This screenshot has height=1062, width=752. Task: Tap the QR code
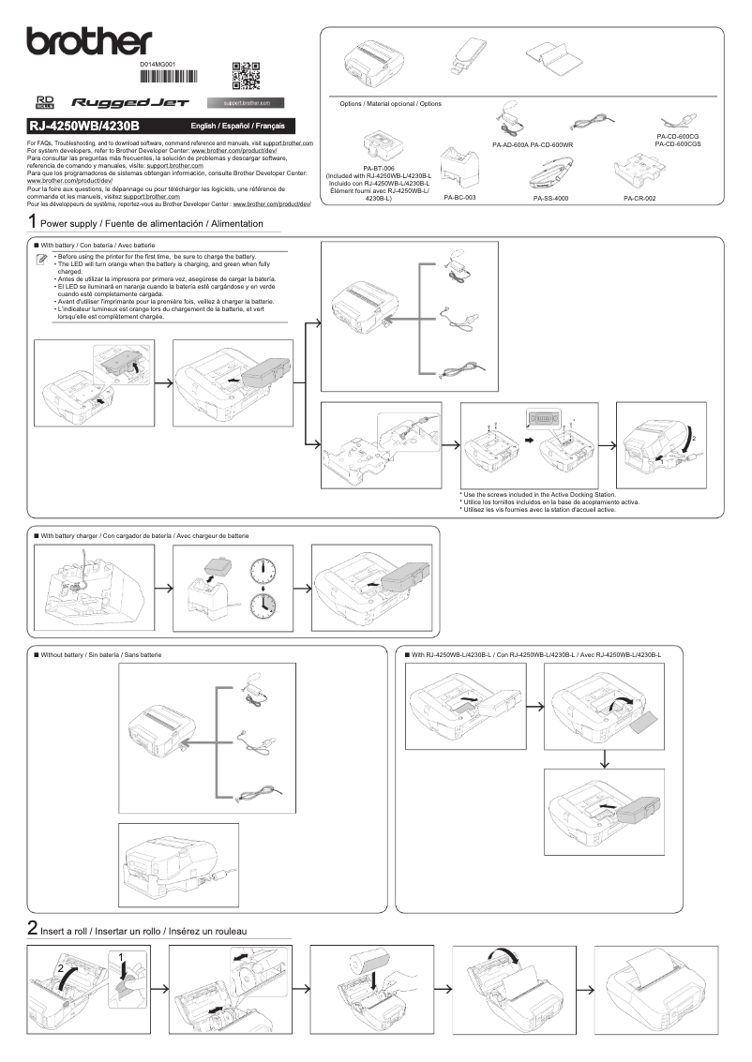245,75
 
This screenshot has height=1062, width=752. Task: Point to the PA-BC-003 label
459,198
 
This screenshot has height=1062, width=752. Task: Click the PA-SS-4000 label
550,199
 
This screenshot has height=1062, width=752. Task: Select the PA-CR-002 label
639,198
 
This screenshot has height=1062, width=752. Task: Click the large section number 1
33,223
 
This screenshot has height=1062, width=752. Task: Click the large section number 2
33,929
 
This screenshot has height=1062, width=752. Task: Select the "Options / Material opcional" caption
390,103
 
